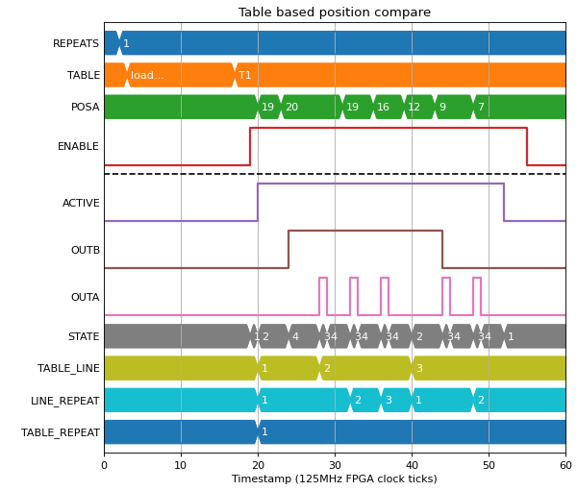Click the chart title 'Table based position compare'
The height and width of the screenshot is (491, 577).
tap(334, 12)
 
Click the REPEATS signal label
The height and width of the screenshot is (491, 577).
tap(76, 43)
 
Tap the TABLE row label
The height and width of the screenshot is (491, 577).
tap(84, 75)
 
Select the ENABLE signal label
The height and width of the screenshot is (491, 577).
tap(78, 146)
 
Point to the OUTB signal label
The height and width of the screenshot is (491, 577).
tap(86, 250)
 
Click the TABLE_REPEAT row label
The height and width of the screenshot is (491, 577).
tap(60, 432)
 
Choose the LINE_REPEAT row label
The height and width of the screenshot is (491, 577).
tap(64, 401)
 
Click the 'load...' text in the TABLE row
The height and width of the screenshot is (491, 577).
tap(147, 75)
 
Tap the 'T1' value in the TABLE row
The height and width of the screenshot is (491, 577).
tap(244, 75)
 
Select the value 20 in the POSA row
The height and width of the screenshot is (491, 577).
tap(291, 107)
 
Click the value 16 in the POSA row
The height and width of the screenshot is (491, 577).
tap(383, 107)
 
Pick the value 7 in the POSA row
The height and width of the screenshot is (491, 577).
tap(481, 107)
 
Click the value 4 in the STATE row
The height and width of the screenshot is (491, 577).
tap(295, 336)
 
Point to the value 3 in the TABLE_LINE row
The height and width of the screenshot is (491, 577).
tap(419, 368)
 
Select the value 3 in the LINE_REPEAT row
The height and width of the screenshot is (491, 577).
tap(389, 400)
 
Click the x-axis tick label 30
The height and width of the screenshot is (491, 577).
tap(335, 465)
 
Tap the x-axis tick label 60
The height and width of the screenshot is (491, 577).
tap(565, 465)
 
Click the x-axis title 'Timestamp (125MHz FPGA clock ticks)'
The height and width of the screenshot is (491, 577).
tap(334, 479)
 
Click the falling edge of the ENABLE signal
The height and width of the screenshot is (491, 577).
tap(527, 146)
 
